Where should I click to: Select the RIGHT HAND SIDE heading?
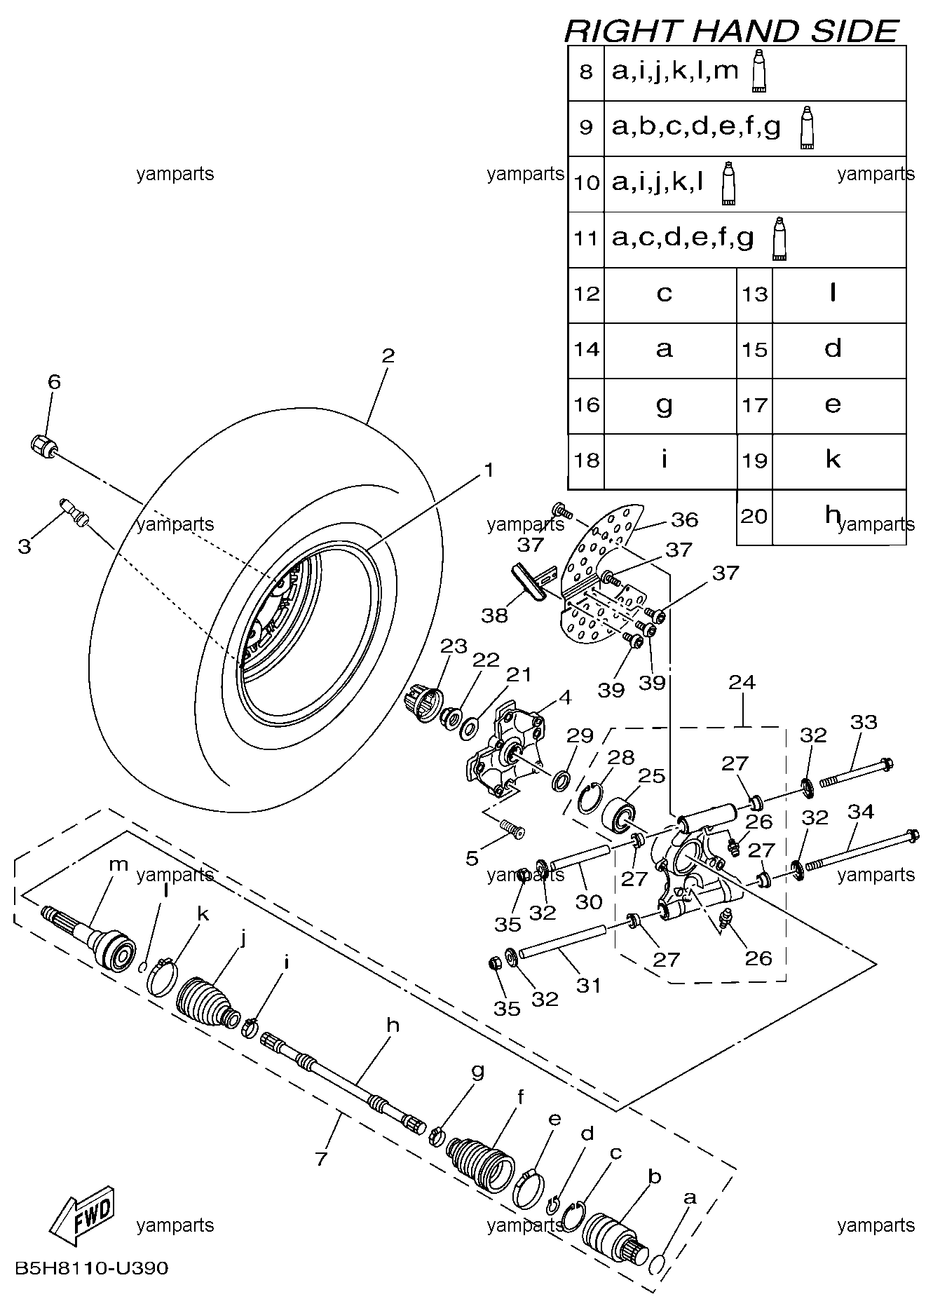point(731,32)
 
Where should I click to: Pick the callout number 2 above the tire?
point(388,355)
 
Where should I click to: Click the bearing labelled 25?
point(619,815)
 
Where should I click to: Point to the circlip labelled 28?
point(588,798)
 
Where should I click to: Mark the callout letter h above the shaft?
point(393,1025)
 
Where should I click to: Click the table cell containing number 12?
point(587,294)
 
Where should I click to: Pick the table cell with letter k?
point(833,460)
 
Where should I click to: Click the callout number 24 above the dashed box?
point(742,681)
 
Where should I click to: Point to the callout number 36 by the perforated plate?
point(684,519)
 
